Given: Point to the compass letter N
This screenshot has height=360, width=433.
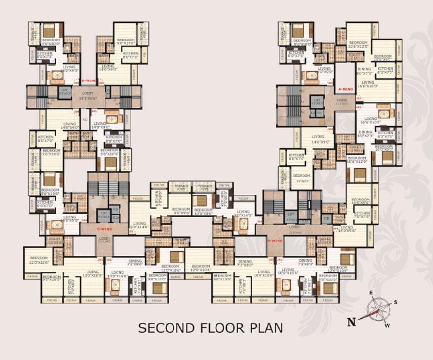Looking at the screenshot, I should click(351, 322).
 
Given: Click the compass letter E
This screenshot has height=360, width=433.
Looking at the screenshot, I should click(370, 293).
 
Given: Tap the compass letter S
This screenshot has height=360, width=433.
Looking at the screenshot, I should click(395, 302).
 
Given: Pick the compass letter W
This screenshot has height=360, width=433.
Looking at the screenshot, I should click(387, 325).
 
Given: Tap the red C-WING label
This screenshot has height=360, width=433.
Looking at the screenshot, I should click(104, 229).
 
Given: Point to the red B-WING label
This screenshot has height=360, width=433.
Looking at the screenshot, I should click(274, 240).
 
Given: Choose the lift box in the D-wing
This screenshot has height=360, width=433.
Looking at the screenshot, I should click(65, 91).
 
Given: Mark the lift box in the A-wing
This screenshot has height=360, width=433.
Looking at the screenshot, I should click(317, 102).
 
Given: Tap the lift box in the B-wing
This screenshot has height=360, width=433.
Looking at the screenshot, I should click(292, 215).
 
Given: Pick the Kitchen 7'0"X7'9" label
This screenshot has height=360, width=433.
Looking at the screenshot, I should click(362, 215).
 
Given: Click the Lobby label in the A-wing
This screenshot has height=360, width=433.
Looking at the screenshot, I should click(342, 101).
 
